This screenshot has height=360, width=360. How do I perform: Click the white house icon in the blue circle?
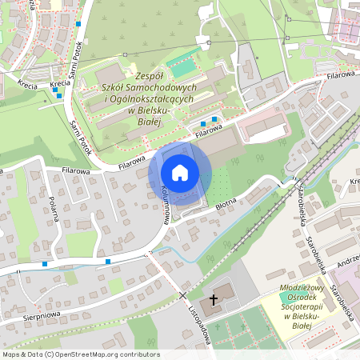point(180,173)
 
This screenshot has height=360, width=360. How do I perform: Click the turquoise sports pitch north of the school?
point(183,59)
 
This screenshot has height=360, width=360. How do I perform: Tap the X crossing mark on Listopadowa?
point(183,295)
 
